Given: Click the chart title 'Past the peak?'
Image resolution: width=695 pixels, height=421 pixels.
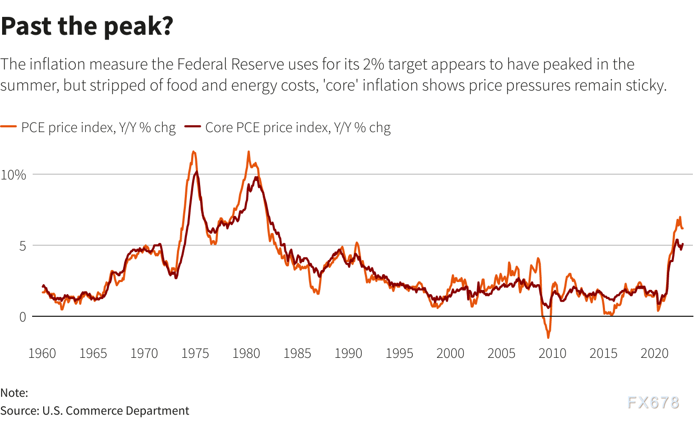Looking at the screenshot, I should pyautogui.click(x=87, y=26).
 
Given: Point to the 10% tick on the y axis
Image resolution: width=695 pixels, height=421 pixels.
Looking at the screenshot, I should pyautogui.click(x=13, y=175).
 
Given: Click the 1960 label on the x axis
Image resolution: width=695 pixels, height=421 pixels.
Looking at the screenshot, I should pyautogui.click(x=42, y=353).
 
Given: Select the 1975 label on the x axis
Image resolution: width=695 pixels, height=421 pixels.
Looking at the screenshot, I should pyautogui.click(x=195, y=353).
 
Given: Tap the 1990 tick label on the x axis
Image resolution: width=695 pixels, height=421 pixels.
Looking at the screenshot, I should pyautogui.click(x=349, y=353).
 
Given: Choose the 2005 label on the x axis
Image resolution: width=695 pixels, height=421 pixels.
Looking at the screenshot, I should pyautogui.click(x=502, y=353).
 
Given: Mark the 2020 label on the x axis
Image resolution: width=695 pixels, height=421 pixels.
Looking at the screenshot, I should pyautogui.click(x=655, y=353).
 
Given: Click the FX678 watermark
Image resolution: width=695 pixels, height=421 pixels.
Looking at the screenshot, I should pyautogui.click(x=653, y=403).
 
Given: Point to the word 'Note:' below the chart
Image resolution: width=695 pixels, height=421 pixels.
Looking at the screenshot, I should pyautogui.click(x=14, y=393).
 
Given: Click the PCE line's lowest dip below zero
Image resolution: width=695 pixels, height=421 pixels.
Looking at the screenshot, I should pyautogui.click(x=548, y=337).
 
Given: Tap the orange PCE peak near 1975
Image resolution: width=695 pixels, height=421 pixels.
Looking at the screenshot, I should pyautogui.click(x=194, y=152).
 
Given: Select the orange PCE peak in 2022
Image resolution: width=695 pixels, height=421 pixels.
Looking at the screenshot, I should pyautogui.click(x=680, y=217).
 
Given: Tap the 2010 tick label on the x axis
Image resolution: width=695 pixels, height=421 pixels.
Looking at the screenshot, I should pyautogui.click(x=553, y=353).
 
